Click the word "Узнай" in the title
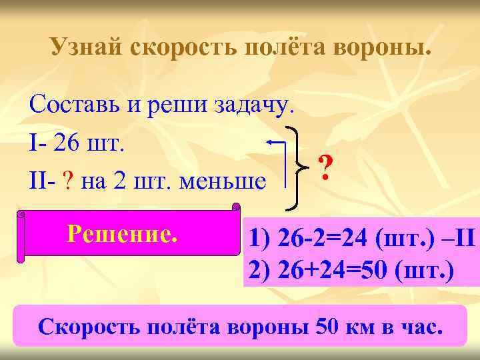pyautogui.click(x=87, y=48)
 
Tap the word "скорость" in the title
pyautogui.click(x=186, y=48)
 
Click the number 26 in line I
pyautogui.click(x=69, y=143)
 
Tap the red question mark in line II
pyautogui.click(x=69, y=181)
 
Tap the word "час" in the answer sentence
pyautogui.click(x=420, y=327)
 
